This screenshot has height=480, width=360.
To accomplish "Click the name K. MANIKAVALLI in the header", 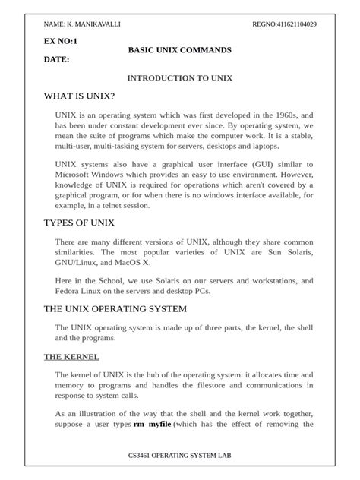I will (x=91, y=24).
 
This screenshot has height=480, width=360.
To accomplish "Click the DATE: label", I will (x=57, y=58).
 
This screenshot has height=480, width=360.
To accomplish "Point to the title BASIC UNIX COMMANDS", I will (x=180, y=49).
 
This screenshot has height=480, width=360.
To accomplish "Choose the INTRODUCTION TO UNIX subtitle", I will (x=179, y=77).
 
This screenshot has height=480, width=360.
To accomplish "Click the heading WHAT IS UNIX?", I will (x=80, y=96).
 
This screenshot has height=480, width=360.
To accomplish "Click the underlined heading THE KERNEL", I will (x=71, y=356).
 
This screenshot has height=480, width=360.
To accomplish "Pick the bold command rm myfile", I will (x=153, y=424).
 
